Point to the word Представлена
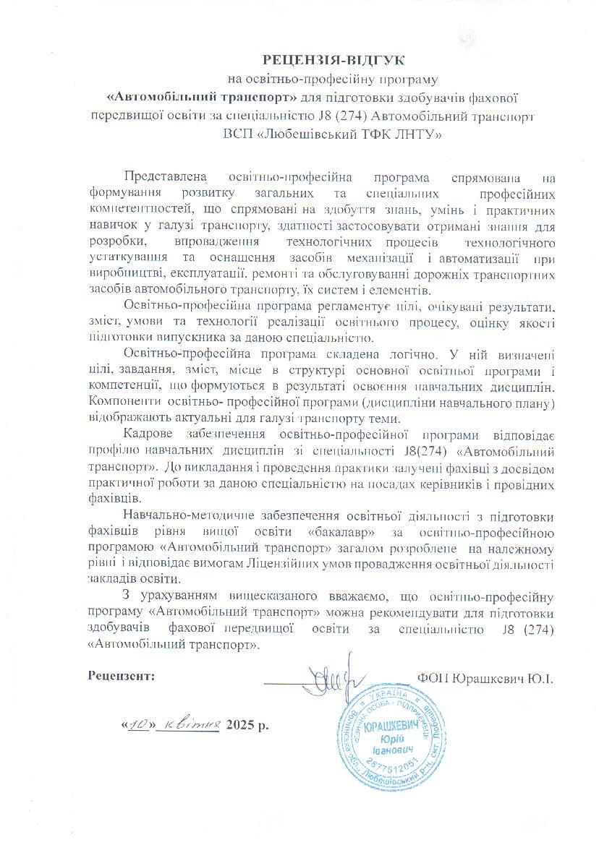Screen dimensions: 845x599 [x=165, y=177]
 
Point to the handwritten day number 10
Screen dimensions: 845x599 [x=140, y=725]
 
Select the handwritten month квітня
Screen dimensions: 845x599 [x=190, y=724]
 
